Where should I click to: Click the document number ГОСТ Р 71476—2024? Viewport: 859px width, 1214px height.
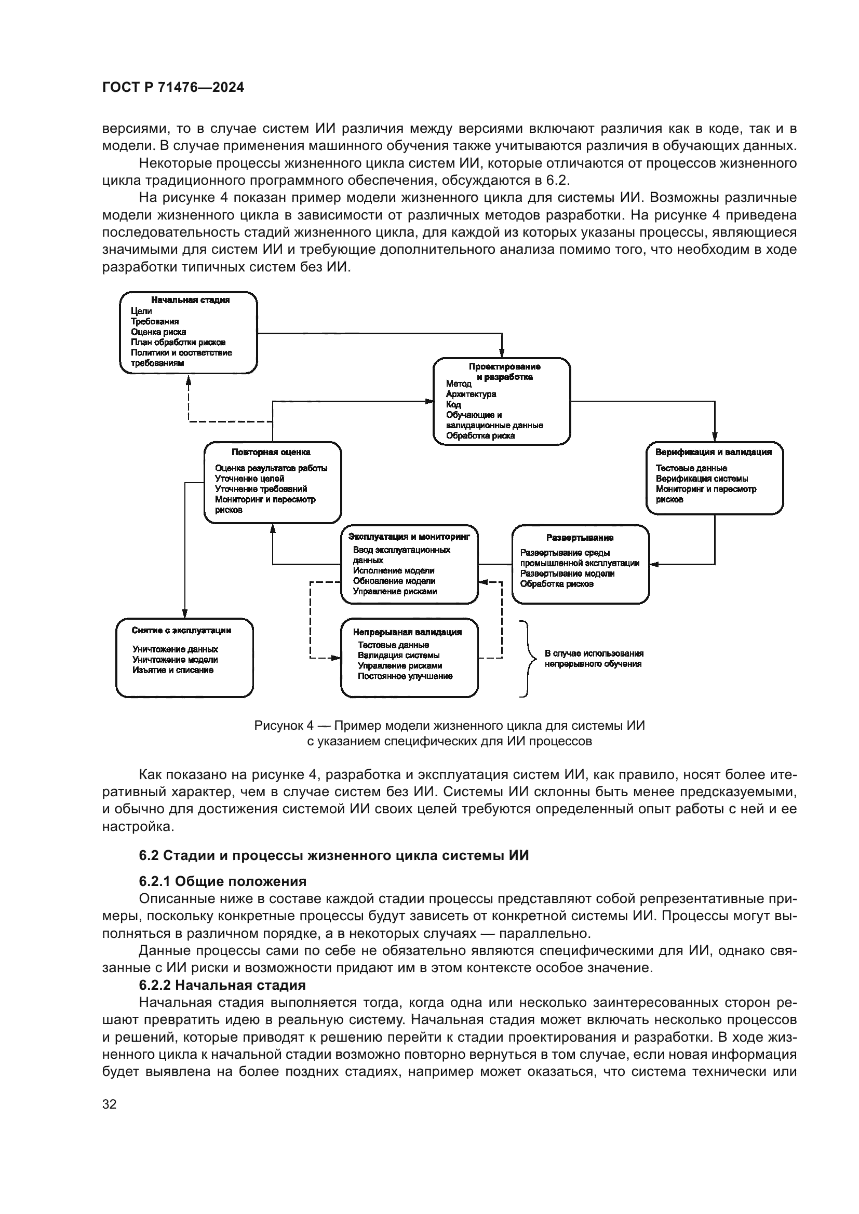(173, 88)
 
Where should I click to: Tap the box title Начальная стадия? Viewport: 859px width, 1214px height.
(190, 300)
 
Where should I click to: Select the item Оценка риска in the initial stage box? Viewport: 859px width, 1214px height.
(158, 332)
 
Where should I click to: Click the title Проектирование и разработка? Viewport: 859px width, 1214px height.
(504, 372)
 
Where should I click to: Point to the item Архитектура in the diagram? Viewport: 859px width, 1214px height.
(471, 394)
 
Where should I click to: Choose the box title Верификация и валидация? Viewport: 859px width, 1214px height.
(713, 452)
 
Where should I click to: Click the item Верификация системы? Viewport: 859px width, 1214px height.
(701, 479)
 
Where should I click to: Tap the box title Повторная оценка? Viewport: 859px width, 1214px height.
(271, 452)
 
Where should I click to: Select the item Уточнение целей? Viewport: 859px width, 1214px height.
(249, 479)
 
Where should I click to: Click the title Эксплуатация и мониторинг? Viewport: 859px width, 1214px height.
(409, 537)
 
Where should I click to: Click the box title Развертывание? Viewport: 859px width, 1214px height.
(580, 538)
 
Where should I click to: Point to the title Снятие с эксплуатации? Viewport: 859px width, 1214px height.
(181, 630)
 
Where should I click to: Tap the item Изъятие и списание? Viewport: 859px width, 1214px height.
(173, 670)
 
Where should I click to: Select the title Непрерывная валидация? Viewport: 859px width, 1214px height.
(407, 632)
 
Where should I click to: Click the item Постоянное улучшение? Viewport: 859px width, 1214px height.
(405, 676)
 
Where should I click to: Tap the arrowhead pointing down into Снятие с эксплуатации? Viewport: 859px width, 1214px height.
(184, 615)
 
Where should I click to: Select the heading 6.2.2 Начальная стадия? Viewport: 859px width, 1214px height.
(222, 985)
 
